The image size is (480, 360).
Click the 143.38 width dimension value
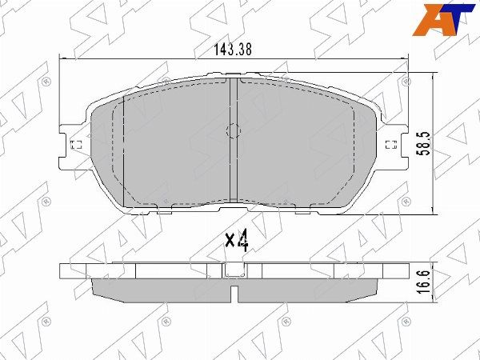[233, 49]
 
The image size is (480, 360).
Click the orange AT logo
[449, 18]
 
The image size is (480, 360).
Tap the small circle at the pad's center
[234, 132]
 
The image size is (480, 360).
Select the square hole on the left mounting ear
[77, 146]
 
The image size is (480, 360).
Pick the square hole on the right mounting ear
[391, 146]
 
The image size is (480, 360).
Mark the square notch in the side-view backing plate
[234, 278]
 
